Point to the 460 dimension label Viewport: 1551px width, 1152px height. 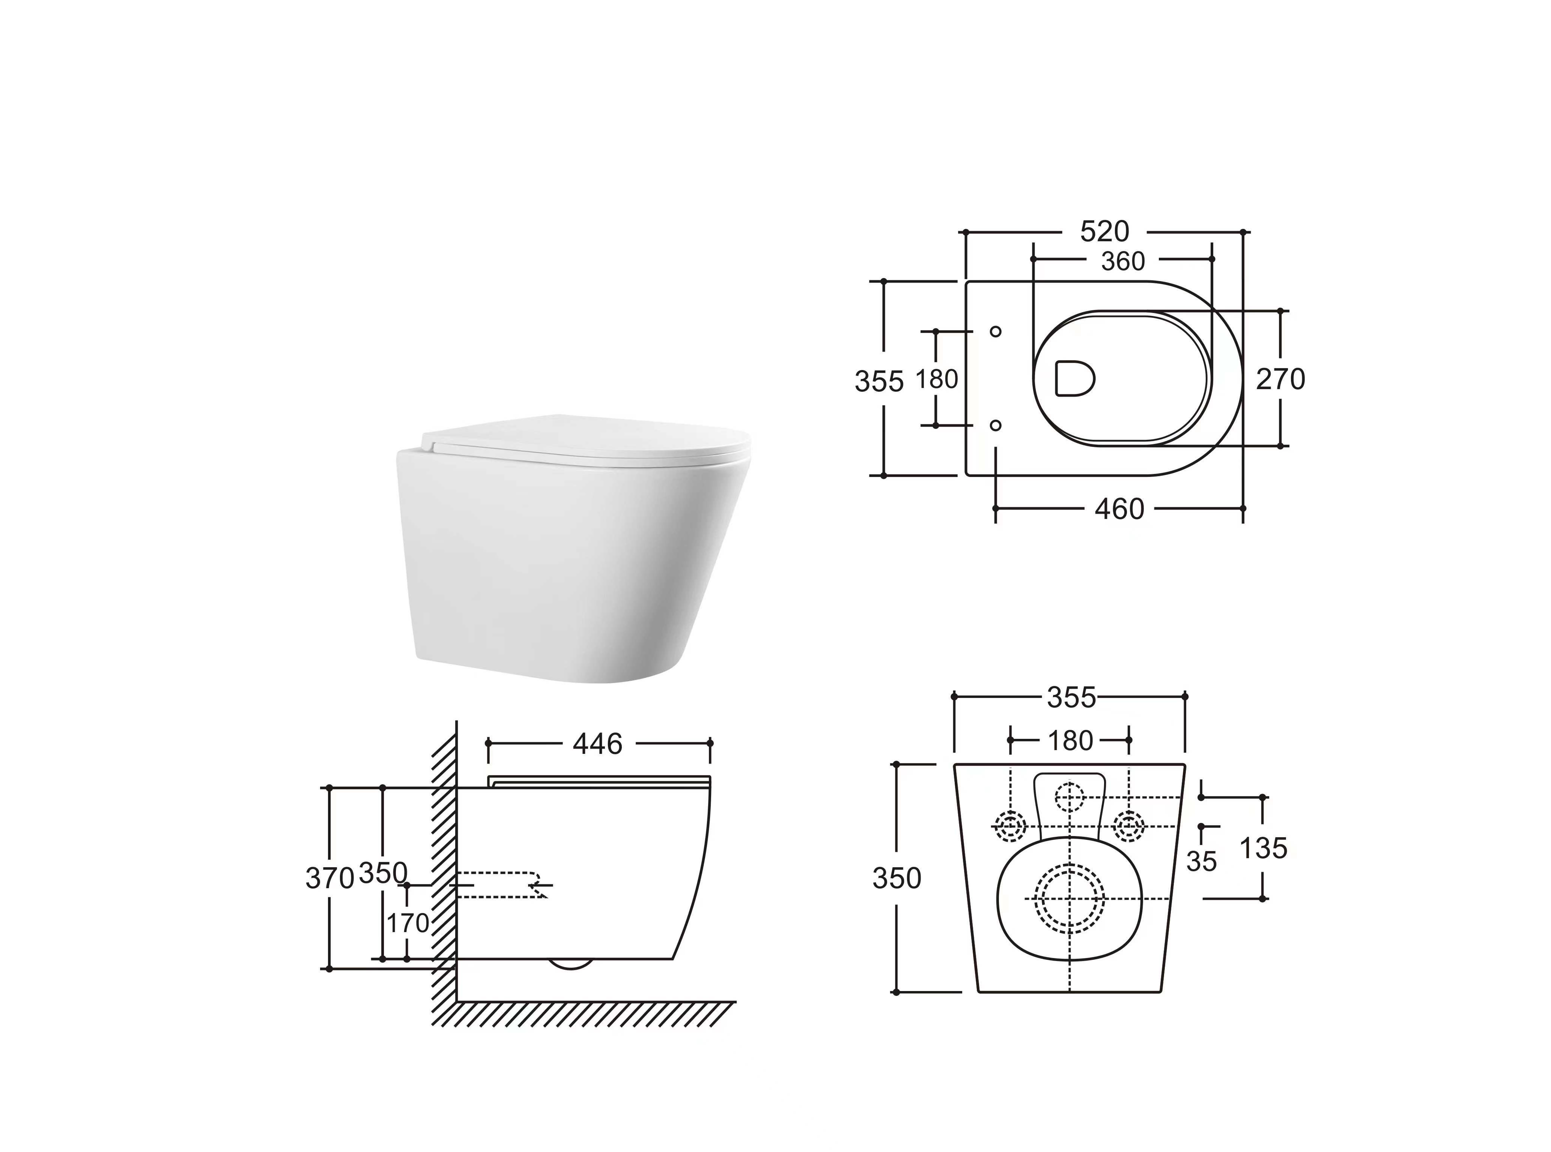point(1119,509)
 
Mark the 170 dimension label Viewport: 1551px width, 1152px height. point(408,923)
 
